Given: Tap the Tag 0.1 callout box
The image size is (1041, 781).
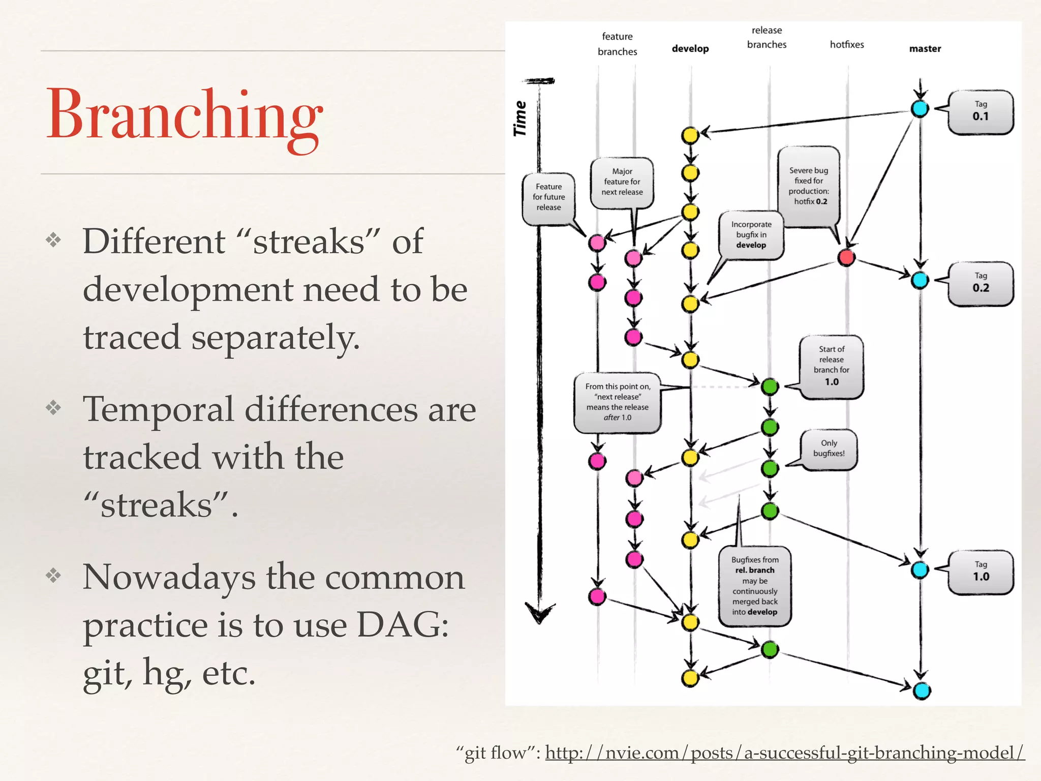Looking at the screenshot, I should tap(981, 112).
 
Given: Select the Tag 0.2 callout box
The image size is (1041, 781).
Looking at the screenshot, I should tap(981, 283).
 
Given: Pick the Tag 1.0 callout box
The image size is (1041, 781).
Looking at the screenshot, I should tap(981, 572).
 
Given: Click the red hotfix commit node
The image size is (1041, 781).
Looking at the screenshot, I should tap(846, 257).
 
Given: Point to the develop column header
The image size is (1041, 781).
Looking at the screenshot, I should tap(690, 49).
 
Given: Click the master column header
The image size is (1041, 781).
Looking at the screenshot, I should tap(925, 49).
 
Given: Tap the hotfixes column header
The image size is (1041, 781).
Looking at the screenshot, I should tap(847, 45).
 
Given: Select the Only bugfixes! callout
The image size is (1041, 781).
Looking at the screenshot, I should tap(829, 448).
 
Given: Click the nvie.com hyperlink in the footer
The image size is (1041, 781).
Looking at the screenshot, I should tap(784, 753).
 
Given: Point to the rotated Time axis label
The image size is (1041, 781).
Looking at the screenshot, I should tap(520, 118).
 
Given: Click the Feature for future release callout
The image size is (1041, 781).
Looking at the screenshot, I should tap(548, 197).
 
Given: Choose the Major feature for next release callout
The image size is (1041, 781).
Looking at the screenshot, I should tap(622, 182).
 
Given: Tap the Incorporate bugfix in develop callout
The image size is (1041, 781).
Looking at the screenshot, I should tap(751, 235).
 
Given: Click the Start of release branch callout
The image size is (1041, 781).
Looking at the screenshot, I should tap(831, 366).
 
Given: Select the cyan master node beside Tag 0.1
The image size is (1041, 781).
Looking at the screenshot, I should tap(920, 108).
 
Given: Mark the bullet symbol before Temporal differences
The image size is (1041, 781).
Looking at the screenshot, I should tap(53, 407).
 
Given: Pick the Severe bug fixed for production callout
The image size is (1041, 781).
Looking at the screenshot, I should tap(808, 186).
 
